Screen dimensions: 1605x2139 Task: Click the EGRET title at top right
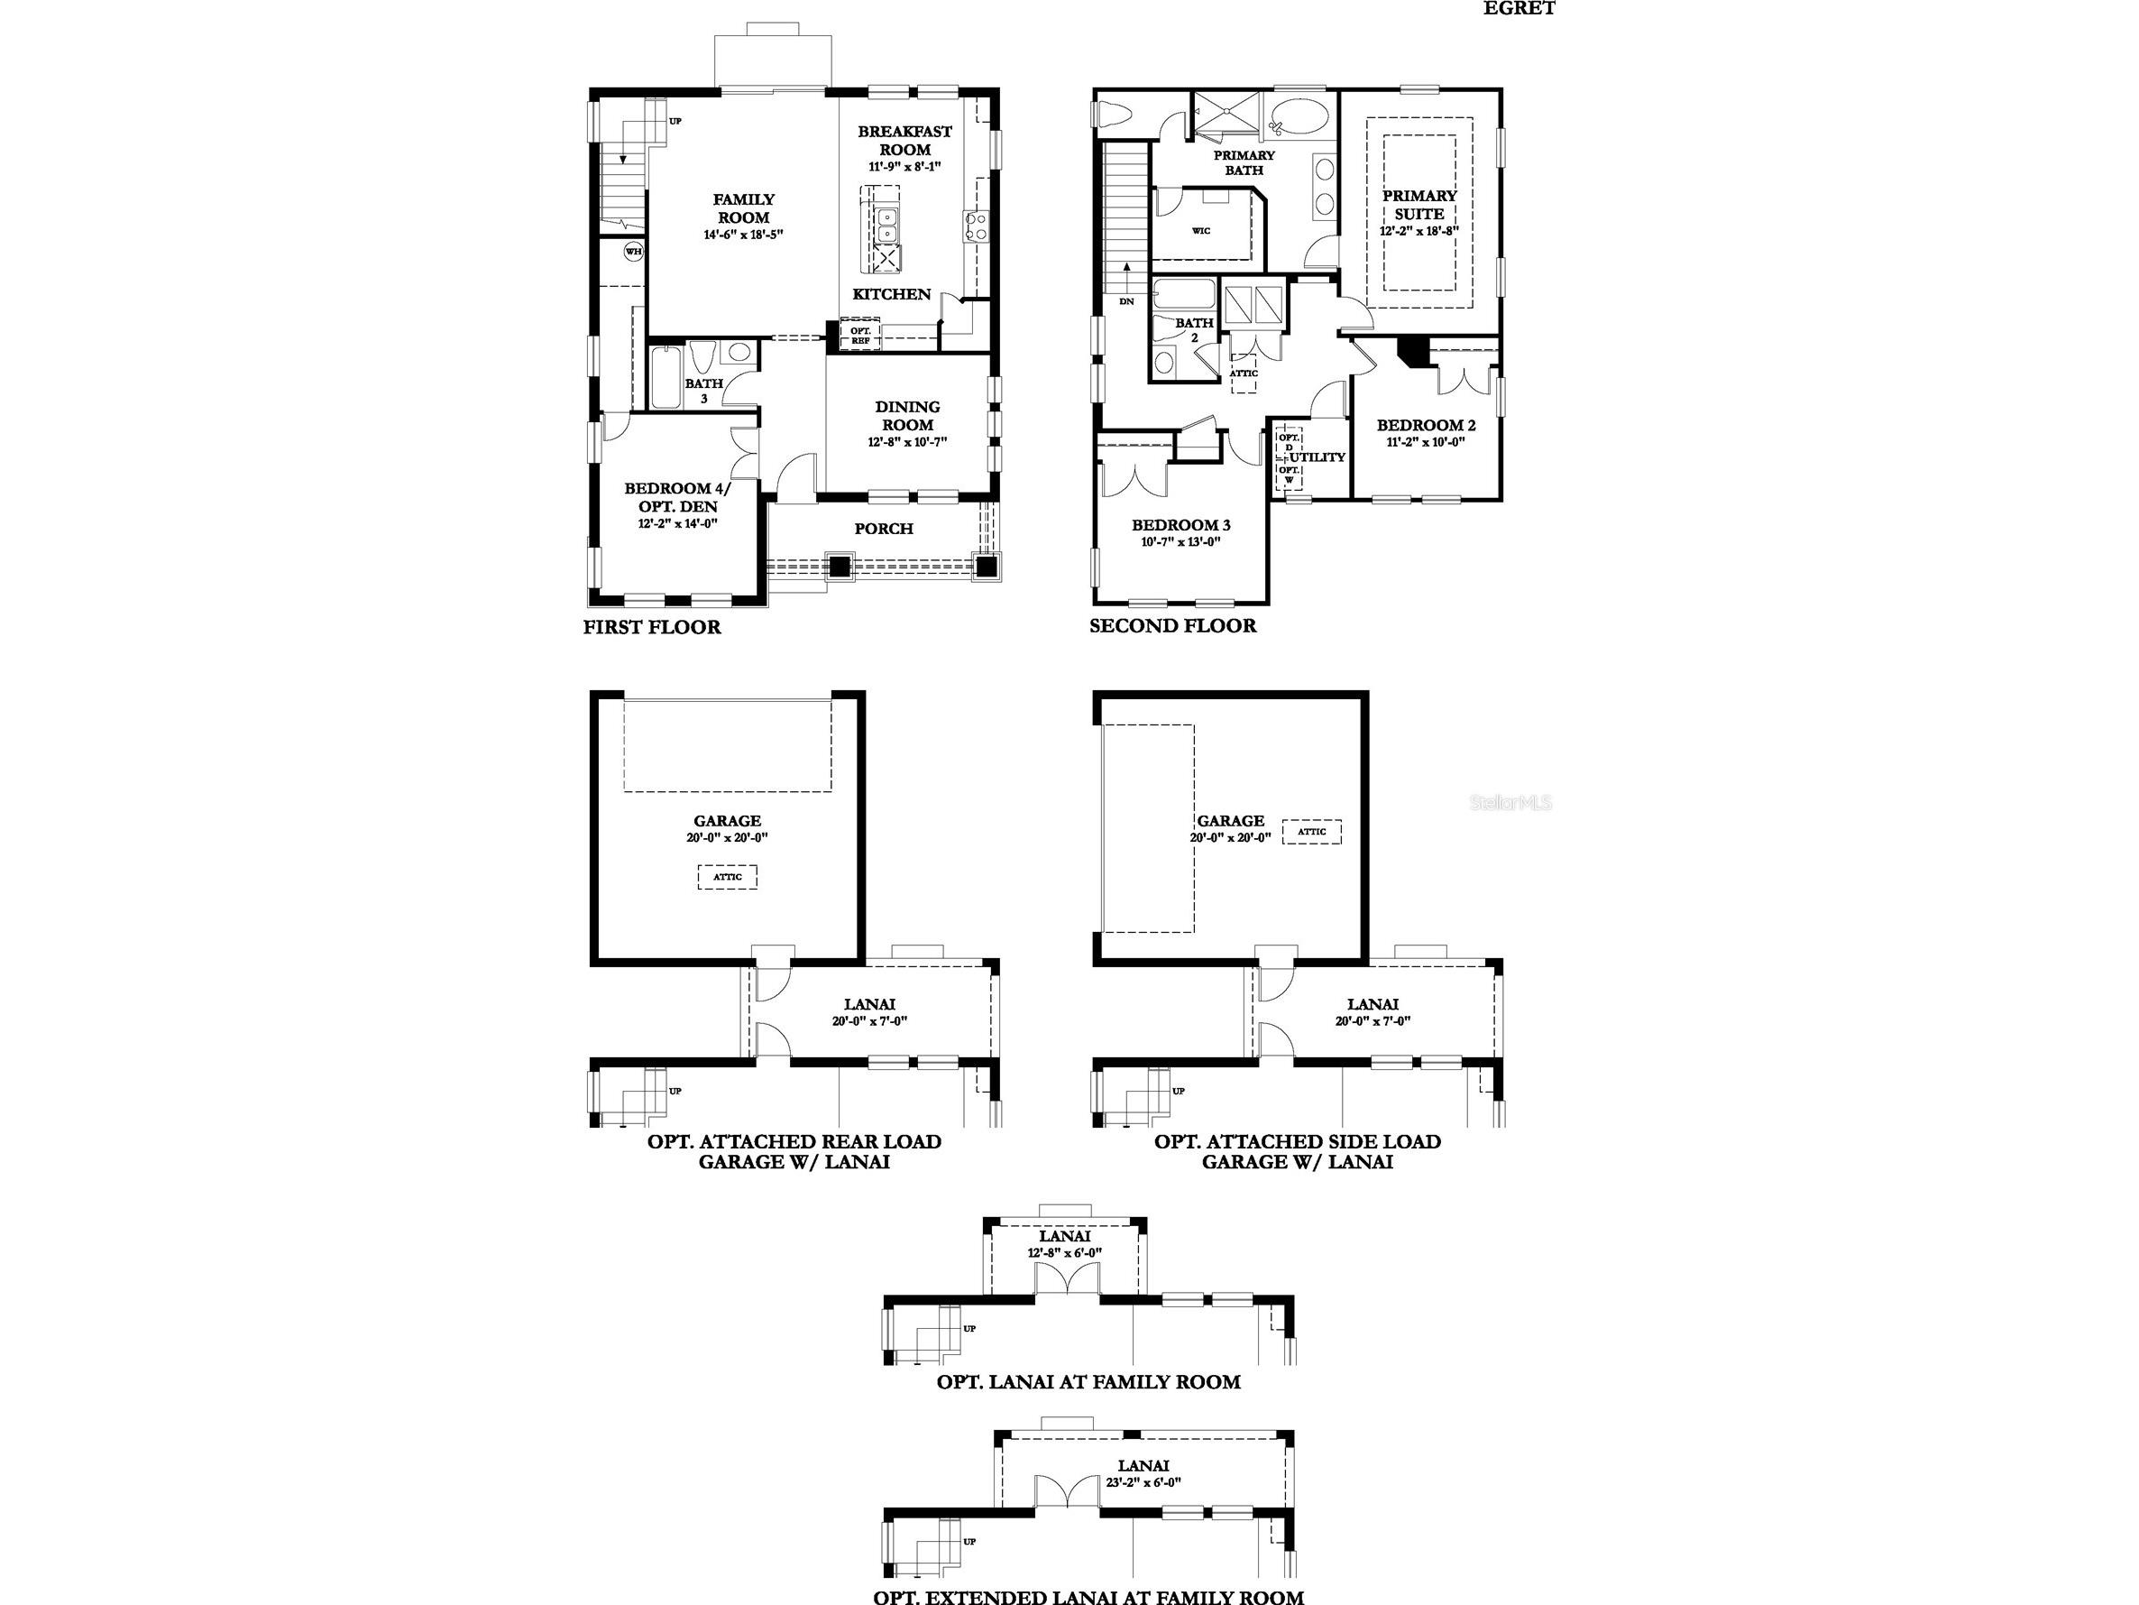(1519, 9)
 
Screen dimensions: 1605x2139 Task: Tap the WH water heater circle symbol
(633, 252)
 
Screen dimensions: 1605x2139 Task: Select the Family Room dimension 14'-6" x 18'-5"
(743, 235)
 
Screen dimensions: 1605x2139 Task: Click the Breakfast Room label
(904, 140)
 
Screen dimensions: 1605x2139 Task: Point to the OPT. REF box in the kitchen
(859, 336)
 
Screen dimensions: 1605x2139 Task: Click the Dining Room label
(907, 416)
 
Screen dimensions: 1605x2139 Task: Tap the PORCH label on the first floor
(883, 528)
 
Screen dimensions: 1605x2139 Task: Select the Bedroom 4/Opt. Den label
(677, 497)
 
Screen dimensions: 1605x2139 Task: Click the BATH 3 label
(704, 390)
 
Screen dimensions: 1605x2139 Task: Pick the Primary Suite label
(1418, 204)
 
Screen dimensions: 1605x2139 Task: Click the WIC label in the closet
(1201, 231)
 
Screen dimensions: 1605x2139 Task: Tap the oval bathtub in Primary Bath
(1293, 119)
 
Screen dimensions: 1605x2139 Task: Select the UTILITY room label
(1317, 457)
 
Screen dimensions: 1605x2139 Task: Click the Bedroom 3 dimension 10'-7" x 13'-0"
(1180, 543)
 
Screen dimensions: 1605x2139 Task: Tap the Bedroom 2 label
(1426, 425)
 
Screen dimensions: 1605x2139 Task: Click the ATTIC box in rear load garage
(727, 878)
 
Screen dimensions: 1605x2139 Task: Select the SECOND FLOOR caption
(1172, 626)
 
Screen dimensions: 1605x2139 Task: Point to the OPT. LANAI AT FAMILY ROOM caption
(1088, 1381)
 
